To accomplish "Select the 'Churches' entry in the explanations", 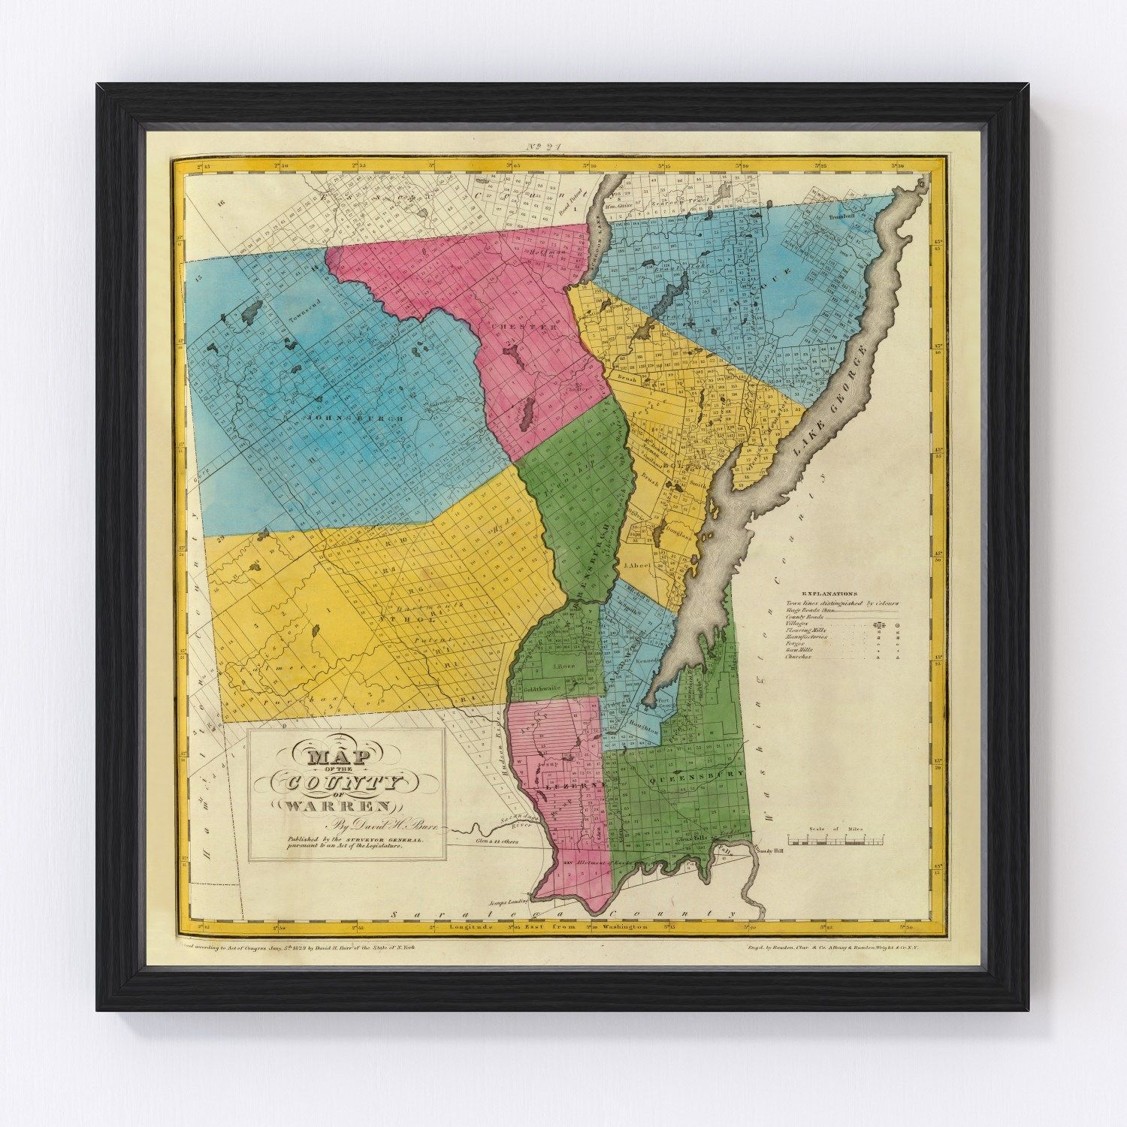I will (798, 657).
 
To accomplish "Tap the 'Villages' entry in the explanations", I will (798, 624).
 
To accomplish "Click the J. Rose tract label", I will (563, 667).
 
